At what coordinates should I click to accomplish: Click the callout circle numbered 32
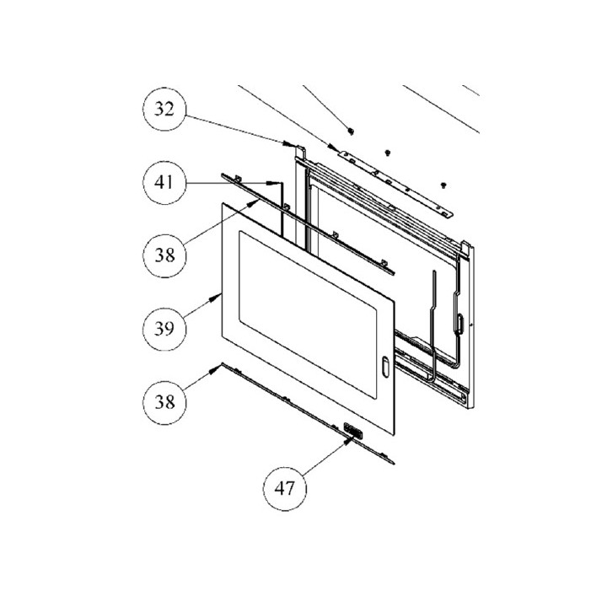pos(164,110)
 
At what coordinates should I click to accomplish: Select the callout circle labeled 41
pos(164,182)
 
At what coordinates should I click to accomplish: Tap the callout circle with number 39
pos(164,329)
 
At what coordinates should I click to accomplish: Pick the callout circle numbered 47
pos(285,489)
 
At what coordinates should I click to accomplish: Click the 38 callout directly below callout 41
pos(164,255)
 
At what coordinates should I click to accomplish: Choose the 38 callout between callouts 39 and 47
pos(164,402)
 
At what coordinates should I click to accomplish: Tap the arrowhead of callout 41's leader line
pos(274,182)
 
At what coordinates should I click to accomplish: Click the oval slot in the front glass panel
pos(385,366)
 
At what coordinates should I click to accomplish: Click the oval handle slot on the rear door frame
pos(459,323)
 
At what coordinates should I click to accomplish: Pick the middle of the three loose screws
pos(387,153)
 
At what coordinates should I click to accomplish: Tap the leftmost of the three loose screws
pos(351,132)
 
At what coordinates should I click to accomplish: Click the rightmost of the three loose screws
pos(443,185)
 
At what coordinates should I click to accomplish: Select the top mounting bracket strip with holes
pos(395,183)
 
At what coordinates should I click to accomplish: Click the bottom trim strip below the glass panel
pos(308,413)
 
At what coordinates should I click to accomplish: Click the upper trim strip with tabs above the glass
pos(308,224)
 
